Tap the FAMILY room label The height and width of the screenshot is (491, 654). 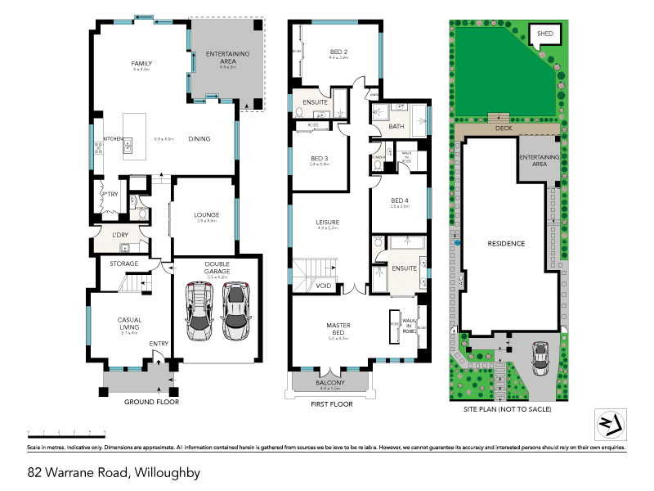click(142, 63)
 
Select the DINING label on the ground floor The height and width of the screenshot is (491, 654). click(199, 138)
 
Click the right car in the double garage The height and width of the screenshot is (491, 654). click(236, 312)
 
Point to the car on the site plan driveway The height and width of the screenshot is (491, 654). click(540, 358)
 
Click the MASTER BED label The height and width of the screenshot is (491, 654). click(338, 329)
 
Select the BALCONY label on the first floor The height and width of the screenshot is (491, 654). click(330, 383)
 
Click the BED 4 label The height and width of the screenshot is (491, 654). click(399, 200)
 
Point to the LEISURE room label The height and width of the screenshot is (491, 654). click(327, 222)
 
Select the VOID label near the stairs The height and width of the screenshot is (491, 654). click(324, 286)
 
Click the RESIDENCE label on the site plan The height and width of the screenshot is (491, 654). click(506, 244)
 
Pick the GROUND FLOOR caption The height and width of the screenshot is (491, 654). click(151, 402)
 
